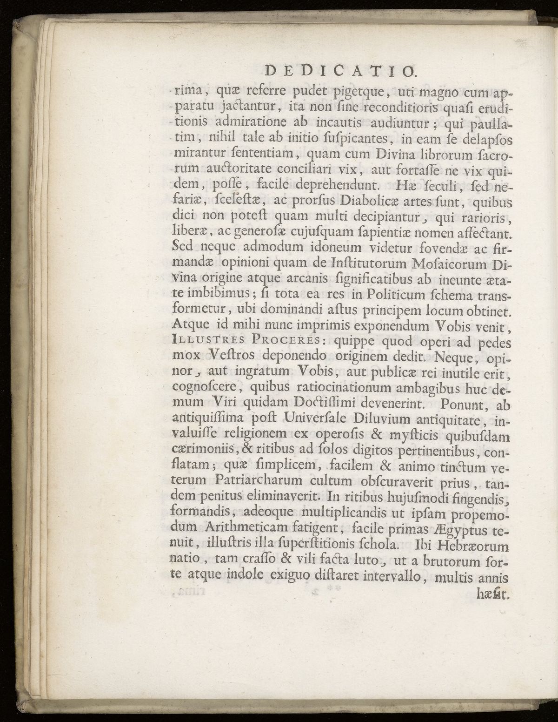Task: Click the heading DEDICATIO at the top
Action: coord(334,71)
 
